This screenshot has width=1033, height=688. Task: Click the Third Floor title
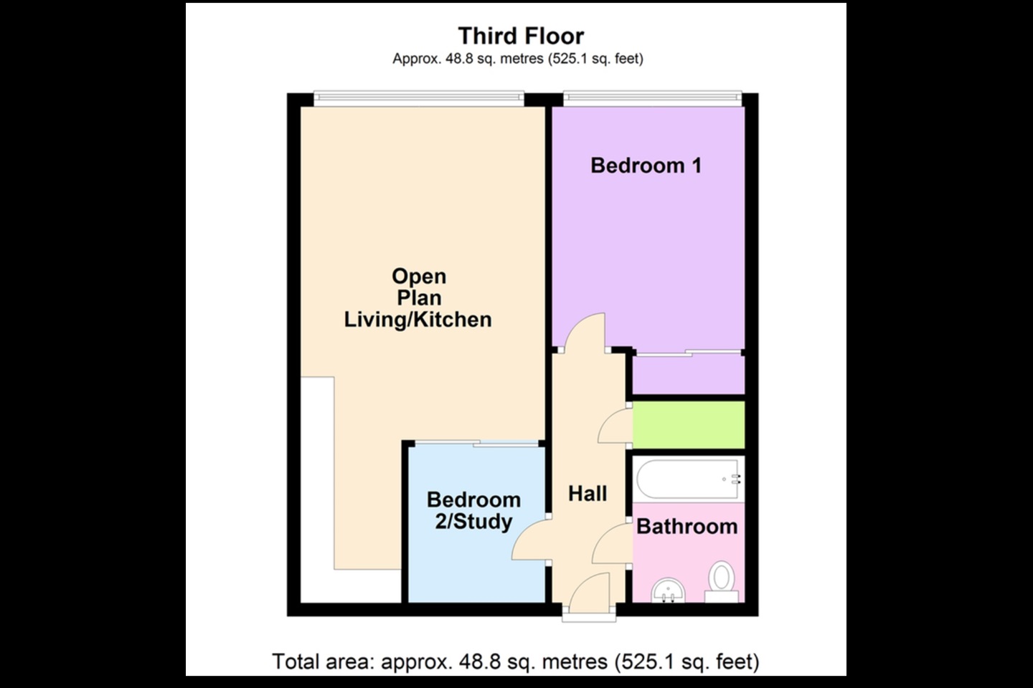click(521, 36)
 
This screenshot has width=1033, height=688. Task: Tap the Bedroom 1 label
click(646, 166)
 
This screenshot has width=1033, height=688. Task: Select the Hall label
click(587, 494)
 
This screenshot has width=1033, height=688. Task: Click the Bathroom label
click(687, 526)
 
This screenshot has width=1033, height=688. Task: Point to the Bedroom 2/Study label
click(473, 510)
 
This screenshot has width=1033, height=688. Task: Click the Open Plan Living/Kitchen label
click(418, 298)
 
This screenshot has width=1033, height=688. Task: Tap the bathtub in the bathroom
click(688, 479)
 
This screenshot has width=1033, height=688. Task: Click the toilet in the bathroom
click(722, 581)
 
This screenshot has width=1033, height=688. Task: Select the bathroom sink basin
click(669, 591)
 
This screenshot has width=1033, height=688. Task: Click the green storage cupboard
click(689, 425)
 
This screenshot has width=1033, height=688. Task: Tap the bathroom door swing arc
click(612, 544)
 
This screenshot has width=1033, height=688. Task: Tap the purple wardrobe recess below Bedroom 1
click(689, 374)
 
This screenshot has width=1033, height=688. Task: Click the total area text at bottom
click(516, 661)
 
